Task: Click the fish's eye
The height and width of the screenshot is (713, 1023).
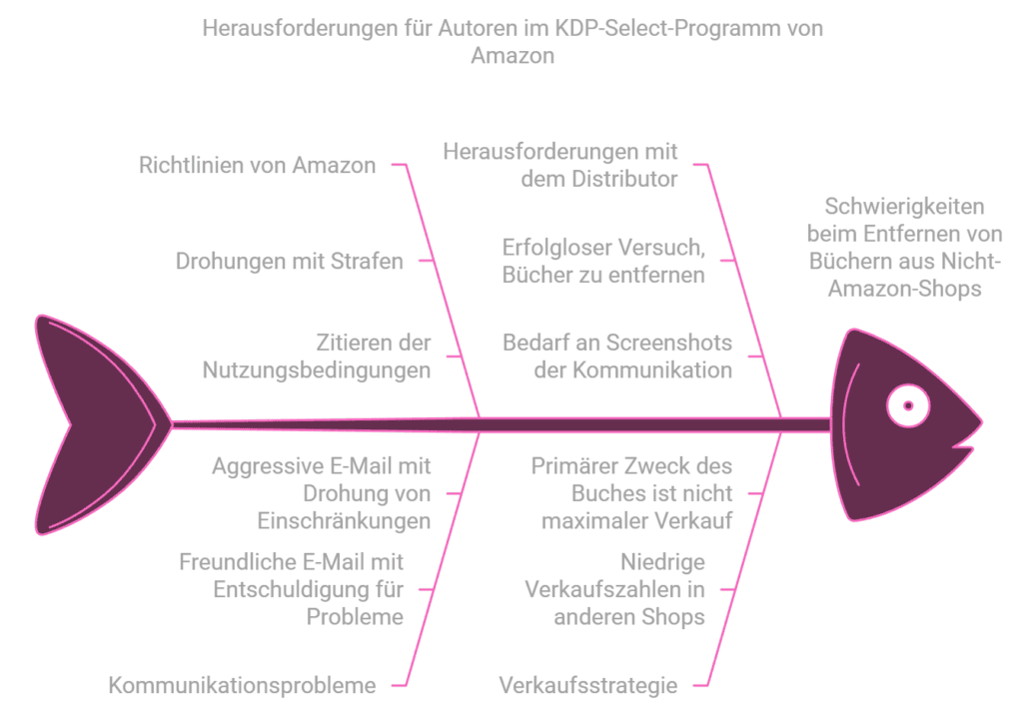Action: [908, 406]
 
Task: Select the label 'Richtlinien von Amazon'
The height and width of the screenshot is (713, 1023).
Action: [257, 166]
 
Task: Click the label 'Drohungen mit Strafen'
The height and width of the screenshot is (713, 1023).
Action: [290, 262]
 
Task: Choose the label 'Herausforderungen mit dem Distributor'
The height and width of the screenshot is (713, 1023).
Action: [560, 166]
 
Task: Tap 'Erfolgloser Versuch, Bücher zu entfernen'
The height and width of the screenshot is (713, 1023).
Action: [603, 262]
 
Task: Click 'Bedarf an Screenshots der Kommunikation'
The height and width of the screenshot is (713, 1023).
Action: [616, 356]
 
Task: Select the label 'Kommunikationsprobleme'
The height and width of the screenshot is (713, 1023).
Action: [242, 685]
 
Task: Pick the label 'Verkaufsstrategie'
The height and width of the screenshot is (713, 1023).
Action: [588, 685]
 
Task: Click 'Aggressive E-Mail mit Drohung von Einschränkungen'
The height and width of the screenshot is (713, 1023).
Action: [322, 493]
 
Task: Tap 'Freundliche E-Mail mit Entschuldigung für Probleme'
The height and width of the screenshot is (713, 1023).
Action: [292, 589]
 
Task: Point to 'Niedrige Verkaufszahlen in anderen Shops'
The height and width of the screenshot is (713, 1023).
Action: [615, 589]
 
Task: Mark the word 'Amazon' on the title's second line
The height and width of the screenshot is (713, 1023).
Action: [511, 56]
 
